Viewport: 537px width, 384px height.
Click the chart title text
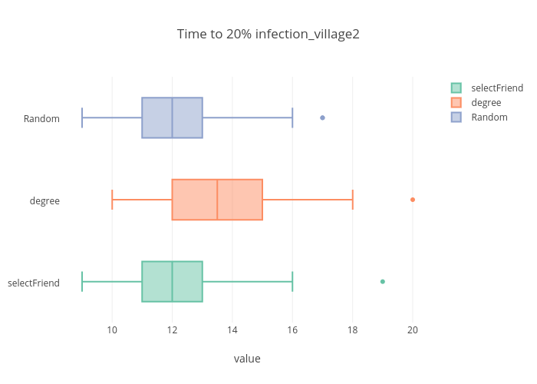[268, 34]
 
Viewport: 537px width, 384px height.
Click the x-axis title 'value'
[247, 358]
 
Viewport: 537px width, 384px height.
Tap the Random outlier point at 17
[322, 118]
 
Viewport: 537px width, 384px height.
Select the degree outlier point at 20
[413, 200]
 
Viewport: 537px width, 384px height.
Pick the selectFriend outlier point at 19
[383, 282]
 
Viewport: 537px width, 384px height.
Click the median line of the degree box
[217, 200]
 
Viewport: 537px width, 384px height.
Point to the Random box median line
[172, 118]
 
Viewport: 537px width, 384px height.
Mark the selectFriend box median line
[172, 282]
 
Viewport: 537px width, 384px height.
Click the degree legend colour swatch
[456, 102]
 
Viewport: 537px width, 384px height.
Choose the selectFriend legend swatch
[456, 88]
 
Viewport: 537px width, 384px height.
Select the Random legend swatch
[456, 117]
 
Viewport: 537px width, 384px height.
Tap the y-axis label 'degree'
[44, 200]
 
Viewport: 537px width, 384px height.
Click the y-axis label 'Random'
[41, 118]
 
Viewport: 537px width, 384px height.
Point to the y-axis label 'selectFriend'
[34, 283]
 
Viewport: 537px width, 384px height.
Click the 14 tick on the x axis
[232, 330]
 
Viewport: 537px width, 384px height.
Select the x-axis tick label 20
[413, 330]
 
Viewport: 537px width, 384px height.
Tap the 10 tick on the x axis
[112, 330]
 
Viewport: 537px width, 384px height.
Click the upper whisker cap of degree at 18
[353, 200]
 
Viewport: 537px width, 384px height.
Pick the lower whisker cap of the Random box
[82, 118]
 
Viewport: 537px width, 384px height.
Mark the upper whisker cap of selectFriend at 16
[292, 282]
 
